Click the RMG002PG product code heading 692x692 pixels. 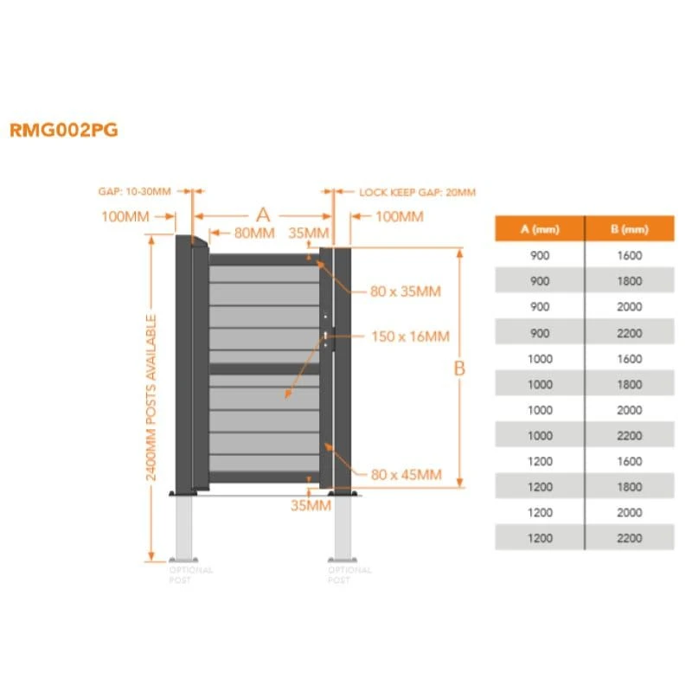point(63,131)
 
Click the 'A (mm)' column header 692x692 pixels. point(539,228)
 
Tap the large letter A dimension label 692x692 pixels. point(263,215)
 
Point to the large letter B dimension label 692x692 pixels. point(459,368)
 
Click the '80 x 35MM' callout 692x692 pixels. point(405,292)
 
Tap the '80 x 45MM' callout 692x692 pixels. point(406,474)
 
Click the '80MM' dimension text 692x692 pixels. point(253,233)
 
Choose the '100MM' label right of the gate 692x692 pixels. point(399,216)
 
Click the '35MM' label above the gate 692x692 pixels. point(308,233)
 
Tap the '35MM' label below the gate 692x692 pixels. point(310,505)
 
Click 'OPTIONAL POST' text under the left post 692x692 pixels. point(191,575)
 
